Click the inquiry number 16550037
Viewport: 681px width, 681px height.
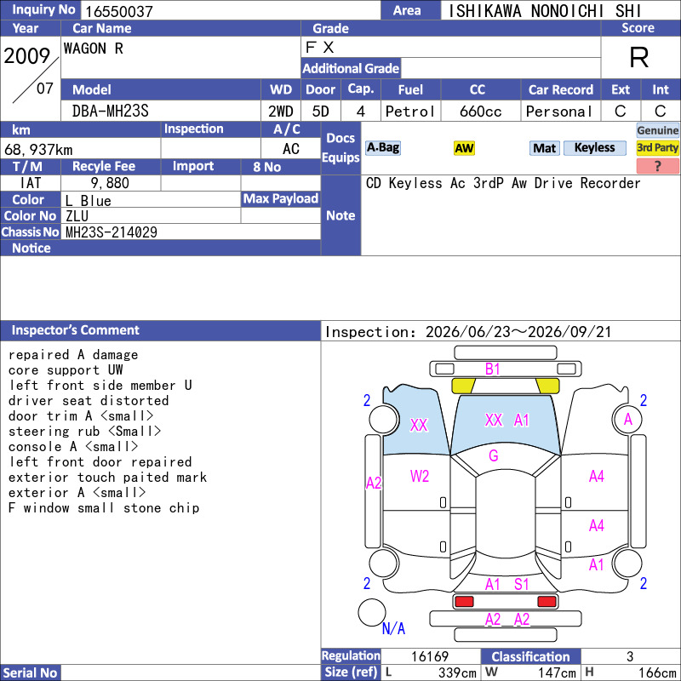pos(119,11)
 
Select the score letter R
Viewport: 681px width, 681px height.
pos(639,57)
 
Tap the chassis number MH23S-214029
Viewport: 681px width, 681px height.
pos(112,232)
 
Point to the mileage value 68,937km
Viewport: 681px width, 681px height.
pos(38,150)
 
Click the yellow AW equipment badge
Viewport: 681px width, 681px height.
pos(464,148)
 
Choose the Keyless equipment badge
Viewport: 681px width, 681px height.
pos(594,147)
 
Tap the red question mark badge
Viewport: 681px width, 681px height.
pos(657,166)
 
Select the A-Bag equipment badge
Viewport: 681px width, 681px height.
pos(382,147)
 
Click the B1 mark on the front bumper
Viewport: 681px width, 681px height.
pos(493,369)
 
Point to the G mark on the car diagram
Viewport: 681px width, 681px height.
pos(494,455)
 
